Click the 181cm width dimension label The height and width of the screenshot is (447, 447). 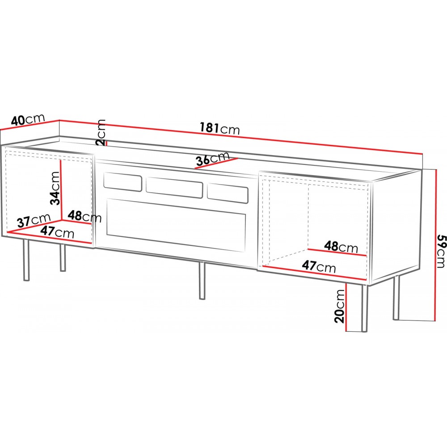(219, 128)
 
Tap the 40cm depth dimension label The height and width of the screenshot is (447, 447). (28, 119)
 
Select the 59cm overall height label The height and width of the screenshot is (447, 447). (441, 251)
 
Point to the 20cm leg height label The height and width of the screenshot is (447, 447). (340, 306)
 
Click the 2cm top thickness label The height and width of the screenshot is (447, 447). (101, 133)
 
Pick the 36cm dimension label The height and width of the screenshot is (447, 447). (213, 159)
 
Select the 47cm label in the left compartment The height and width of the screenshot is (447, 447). (57, 232)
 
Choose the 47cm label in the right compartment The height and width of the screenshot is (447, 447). (319, 267)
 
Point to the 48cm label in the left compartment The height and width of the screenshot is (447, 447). (84, 216)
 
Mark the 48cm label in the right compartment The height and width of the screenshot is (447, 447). (341, 247)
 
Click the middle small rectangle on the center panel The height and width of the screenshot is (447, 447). (174, 188)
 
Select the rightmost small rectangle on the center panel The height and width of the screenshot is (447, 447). (228, 194)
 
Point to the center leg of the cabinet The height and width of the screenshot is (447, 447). (202, 281)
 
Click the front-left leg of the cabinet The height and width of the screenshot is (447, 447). (26, 260)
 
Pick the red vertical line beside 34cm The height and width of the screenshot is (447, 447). (61, 190)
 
